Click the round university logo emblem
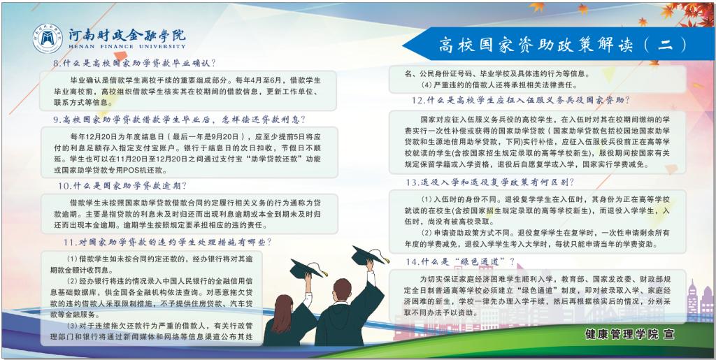[48, 38]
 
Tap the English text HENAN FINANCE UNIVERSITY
[127, 46]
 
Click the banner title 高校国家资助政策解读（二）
[563, 45]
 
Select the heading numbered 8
[134, 64]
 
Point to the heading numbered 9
[179, 120]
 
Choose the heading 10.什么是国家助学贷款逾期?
[122, 186]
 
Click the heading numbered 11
[168, 242]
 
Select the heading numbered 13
[490, 182]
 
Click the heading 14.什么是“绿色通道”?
[460, 261]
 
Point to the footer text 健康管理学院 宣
[630, 334]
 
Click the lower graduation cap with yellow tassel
[308, 269]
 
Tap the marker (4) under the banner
[427, 85]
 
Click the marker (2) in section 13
[427, 233]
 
